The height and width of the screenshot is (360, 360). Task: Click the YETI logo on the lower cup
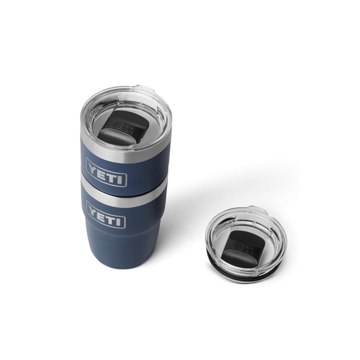click(106, 214)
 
